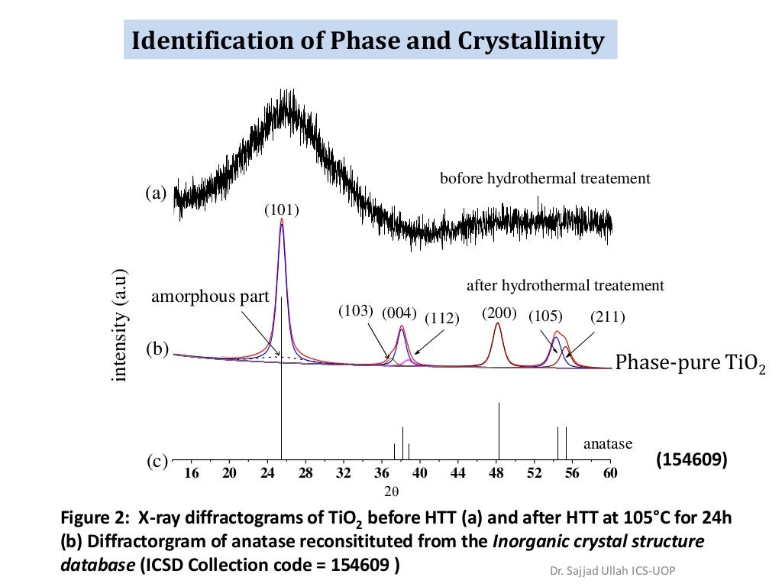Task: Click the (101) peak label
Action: coord(281,209)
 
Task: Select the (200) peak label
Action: coord(499,313)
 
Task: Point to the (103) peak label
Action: coord(355,311)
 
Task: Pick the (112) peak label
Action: coord(441,319)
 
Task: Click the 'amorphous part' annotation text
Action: coord(210,297)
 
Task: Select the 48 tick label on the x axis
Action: coord(496,474)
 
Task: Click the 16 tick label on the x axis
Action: coord(192,474)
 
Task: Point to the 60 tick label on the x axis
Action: coord(609,474)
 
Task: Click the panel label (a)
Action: coord(156,193)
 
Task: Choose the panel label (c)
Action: coord(157,462)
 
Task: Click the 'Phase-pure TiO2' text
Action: coord(690,363)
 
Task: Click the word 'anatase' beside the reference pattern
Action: coord(608,444)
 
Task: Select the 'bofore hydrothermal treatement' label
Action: coord(544,179)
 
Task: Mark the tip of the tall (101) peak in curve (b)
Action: coord(282,219)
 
